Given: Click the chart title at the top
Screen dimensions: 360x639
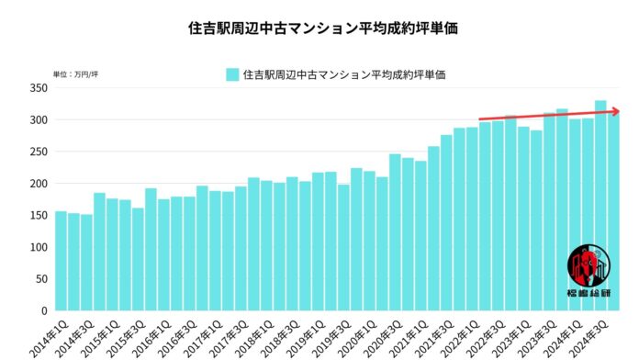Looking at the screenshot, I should (321, 28).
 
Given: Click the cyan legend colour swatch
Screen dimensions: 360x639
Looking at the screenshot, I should (233, 74).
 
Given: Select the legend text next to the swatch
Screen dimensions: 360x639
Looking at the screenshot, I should (345, 74).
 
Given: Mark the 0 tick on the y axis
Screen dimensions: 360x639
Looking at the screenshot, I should (42, 310).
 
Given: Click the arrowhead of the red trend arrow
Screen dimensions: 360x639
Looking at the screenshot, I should (615, 111).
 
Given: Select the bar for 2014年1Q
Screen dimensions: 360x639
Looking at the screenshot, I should (61, 261).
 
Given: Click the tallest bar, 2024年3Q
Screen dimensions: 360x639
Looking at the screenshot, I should (600, 206).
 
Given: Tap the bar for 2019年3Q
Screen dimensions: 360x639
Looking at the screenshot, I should (343, 247).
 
